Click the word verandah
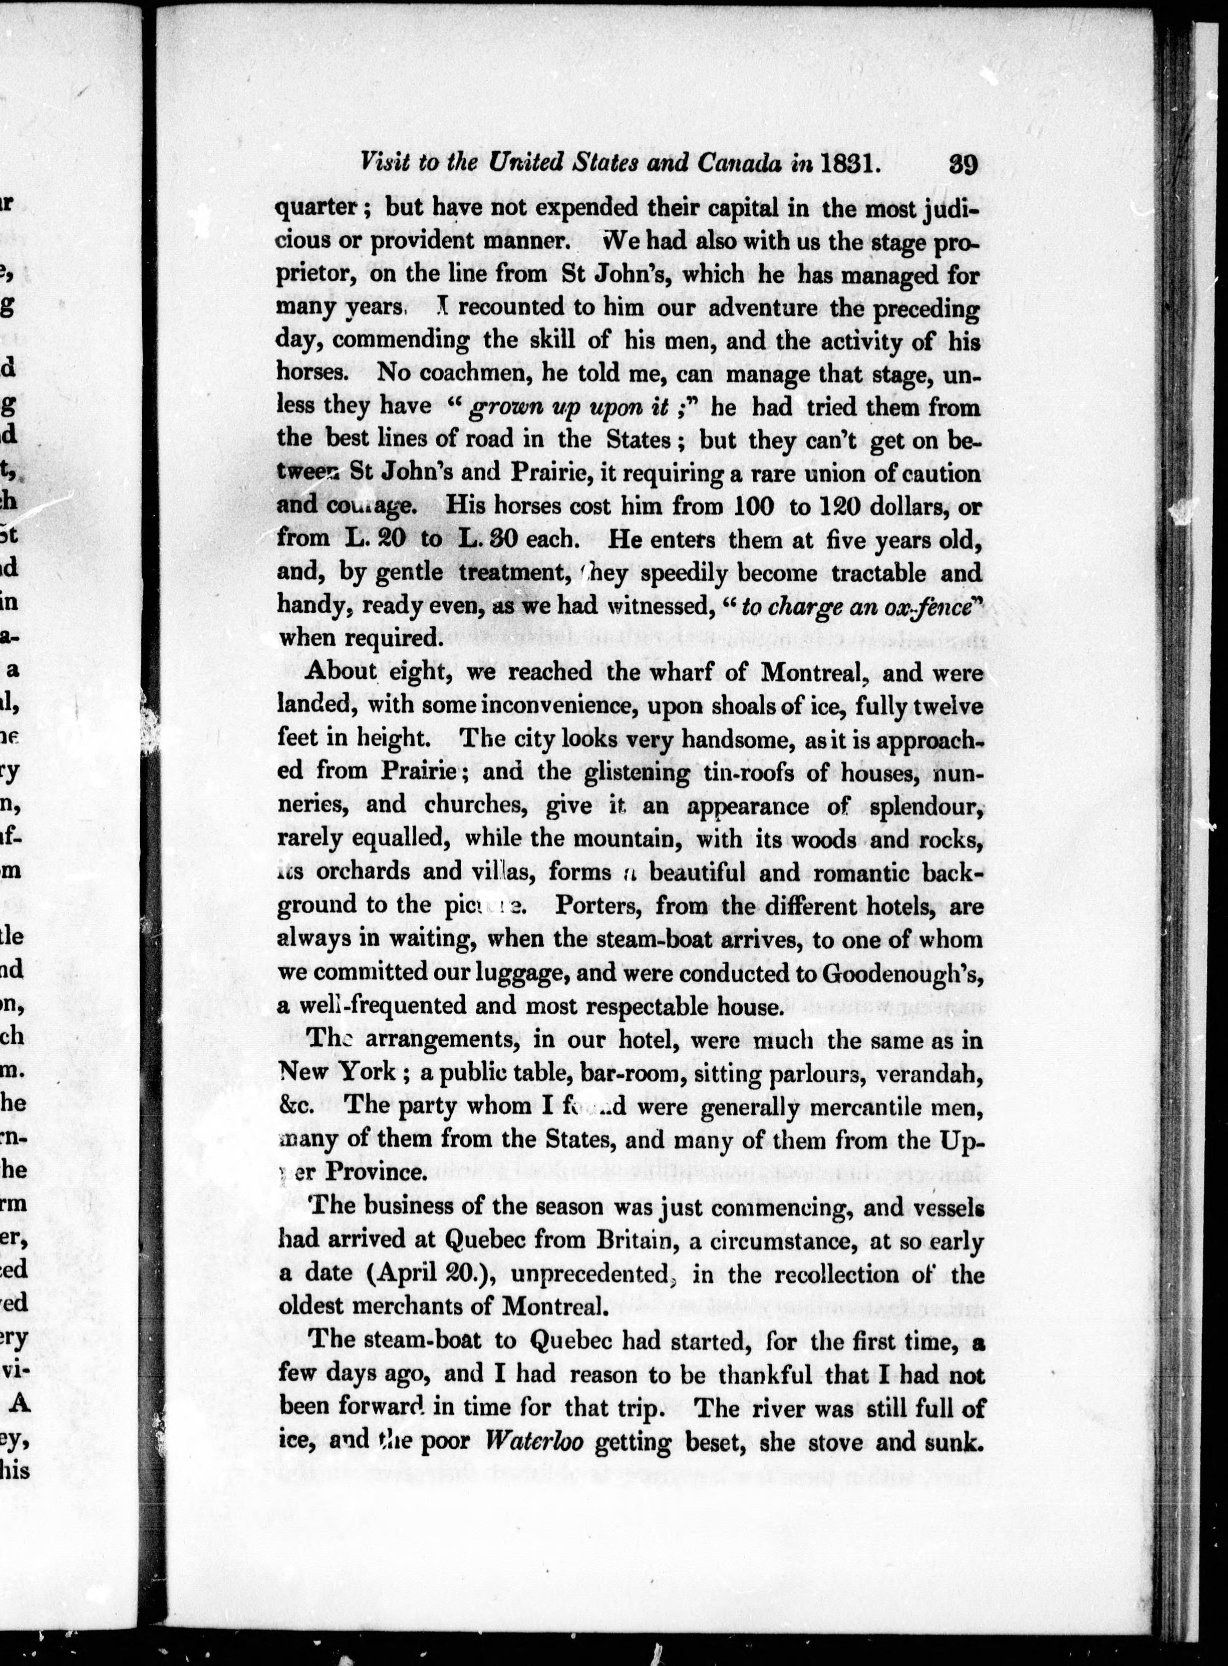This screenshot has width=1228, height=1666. (937, 1073)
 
